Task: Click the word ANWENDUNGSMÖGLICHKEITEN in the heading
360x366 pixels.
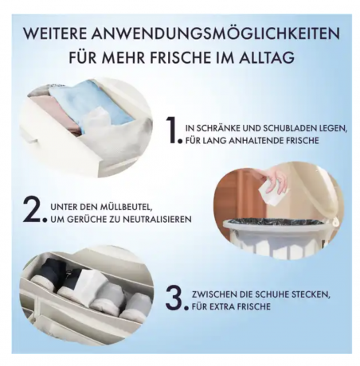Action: [x=217, y=33]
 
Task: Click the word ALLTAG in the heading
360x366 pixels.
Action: [x=267, y=57]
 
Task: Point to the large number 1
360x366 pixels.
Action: [x=173, y=130]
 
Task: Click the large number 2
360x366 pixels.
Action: [x=33, y=209]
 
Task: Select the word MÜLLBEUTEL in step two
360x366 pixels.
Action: [x=126, y=207]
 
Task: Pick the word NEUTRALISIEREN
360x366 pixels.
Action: [x=157, y=219]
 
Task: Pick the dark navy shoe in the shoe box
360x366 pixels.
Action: [x=70, y=272]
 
